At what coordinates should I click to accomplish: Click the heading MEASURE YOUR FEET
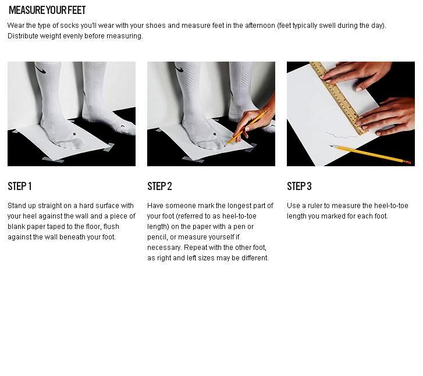click(x=47, y=10)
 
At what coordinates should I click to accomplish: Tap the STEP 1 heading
click(x=20, y=186)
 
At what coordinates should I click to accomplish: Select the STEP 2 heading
click(x=159, y=186)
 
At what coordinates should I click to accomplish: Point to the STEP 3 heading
click(x=299, y=186)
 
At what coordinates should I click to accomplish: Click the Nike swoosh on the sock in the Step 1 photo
click(x=41, y=70)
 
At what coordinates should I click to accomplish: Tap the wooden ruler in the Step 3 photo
click(x=339, y=98)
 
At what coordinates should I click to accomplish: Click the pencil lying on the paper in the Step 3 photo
click(x=371, y=154)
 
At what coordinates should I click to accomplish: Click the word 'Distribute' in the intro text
click(x=23, y=36)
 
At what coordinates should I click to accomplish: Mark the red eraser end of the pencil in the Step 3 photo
click(x=408, y=163)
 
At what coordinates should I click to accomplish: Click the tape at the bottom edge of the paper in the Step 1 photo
click(x=54, y=160)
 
